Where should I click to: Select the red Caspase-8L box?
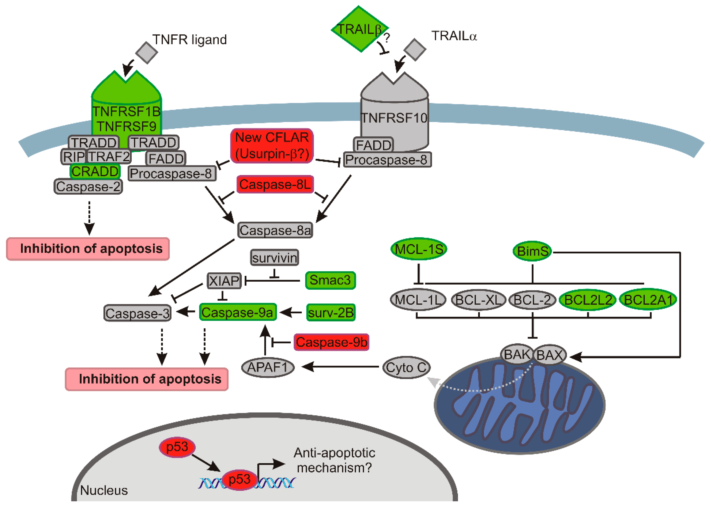(x=275, y=184)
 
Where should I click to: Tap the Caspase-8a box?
(x=275, y=230)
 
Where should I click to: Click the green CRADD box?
(x=95, y=171)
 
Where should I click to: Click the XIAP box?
(x=224, y=280)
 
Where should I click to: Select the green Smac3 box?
(x=330, y=280)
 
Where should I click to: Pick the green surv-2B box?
(x=331, y=312)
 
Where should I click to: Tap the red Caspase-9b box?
(x=331, y=342)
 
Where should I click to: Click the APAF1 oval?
(x=268, y=367)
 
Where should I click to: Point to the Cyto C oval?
(x=406, y=367)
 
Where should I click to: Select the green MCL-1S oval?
(x=419, y=249)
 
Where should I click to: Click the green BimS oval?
(x=532, y=251)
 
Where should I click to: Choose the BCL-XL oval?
(x=478, y=300)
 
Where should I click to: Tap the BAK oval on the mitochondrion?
(x=517, y=354)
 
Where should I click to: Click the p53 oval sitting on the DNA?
(x=240, y=479)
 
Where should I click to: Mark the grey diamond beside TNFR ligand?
(x=146, y=52)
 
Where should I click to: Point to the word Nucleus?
(x=104, y=490)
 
